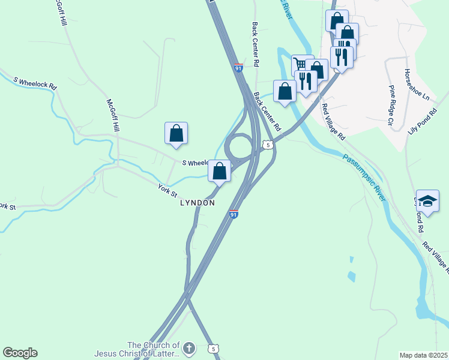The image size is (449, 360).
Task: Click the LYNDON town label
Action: pyautogui.click(x=197, y=203)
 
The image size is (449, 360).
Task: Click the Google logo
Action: pyautogui.click(x=20, y=353)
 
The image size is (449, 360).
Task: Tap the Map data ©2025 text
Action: pyautogui.click(x=424, y=355)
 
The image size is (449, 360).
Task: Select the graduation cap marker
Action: pyautogui.click(x=427, y=201)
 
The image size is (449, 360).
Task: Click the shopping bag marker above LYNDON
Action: pyautogui.click(x=220, y=171)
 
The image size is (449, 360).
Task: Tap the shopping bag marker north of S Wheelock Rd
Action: pyautogui.click(x=176, y=133)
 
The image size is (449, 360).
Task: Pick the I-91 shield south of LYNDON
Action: pyautogui.click(x=234, y=214)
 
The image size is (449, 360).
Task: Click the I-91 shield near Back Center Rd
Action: pyautogui.click(x=239, y=69)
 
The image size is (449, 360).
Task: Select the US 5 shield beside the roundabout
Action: pyautogui.click(x=268, y=145)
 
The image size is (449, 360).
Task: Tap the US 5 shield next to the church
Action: pyautogui.click(x=213, y=349)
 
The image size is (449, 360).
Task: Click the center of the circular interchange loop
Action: pyautogui.click(x=239, y=146)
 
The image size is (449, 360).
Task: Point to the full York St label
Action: pyautogui.click(x=167, y=191)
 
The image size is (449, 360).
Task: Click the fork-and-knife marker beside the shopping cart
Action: pyautogui.click(x=306, y=81)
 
